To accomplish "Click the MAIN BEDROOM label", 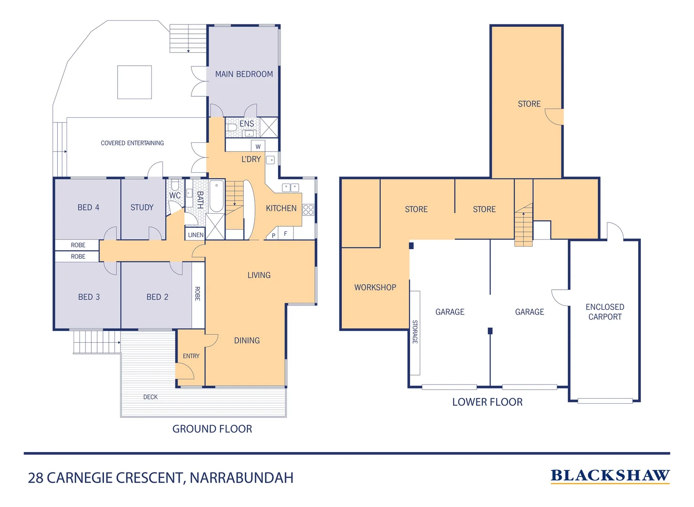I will click(x=244, y=74).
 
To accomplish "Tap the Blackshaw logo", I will click(x=610, y=476).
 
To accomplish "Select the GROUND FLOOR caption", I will click(x=212, y=429).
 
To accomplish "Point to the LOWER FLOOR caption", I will click(x=487, y=402).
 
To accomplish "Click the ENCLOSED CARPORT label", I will click(x=604, y=312).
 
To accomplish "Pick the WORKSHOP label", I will click(x=375, y=287).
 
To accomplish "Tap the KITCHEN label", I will click(x=281, y=208).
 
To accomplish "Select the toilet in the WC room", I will click(x=175, y=184).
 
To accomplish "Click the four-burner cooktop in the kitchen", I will click(x=308, y=209).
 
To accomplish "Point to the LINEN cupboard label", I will click(x=196, y=235).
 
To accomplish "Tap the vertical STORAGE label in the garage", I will click(x=415, y=331).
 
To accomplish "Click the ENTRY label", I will click(x=191, y=356).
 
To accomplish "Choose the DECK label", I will click(x=151, y=397).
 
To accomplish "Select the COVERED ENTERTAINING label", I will click(x=132, y=143).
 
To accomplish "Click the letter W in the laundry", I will click(x=258, y=146).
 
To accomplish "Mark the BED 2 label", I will click(x=157, y=297).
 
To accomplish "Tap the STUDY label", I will click(x=142, y=207).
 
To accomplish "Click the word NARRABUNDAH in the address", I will click(x=241, y=478).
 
